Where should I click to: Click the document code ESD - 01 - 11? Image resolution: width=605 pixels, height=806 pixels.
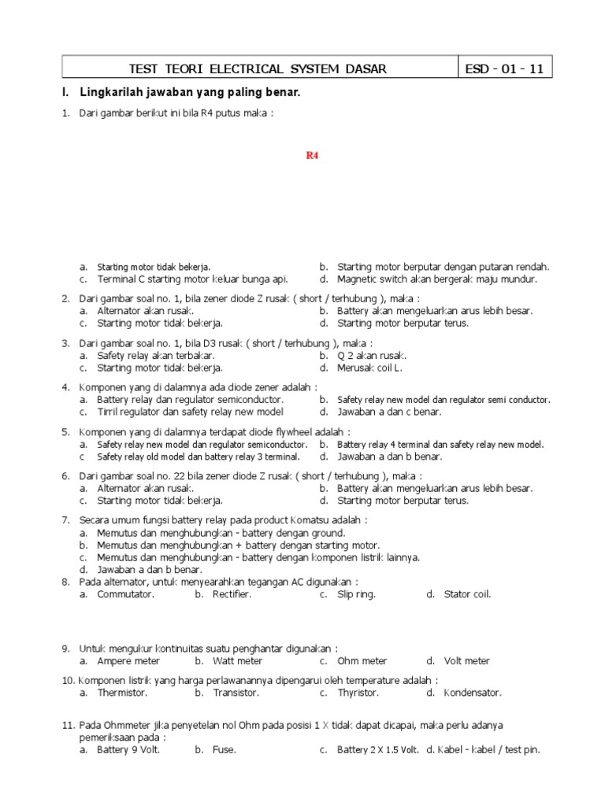504,68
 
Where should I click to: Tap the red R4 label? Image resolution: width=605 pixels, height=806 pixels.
312,155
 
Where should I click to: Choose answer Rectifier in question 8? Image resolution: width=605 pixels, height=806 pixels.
232,594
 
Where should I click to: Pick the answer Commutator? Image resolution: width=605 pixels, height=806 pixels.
125,594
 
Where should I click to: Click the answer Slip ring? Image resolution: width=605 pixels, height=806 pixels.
356,594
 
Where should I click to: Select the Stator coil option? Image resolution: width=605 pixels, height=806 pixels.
467,594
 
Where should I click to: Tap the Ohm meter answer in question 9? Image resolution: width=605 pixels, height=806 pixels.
362,661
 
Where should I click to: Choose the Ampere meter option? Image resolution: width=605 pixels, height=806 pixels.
128,661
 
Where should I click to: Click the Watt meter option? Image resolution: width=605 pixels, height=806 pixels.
237,661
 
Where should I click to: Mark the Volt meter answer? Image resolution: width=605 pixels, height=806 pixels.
466,661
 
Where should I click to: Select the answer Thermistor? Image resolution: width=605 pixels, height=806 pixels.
122,693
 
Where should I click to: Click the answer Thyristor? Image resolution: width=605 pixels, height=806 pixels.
358,693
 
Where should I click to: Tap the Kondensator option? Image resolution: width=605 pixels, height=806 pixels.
473,693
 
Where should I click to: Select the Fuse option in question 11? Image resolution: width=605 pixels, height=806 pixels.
224,750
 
